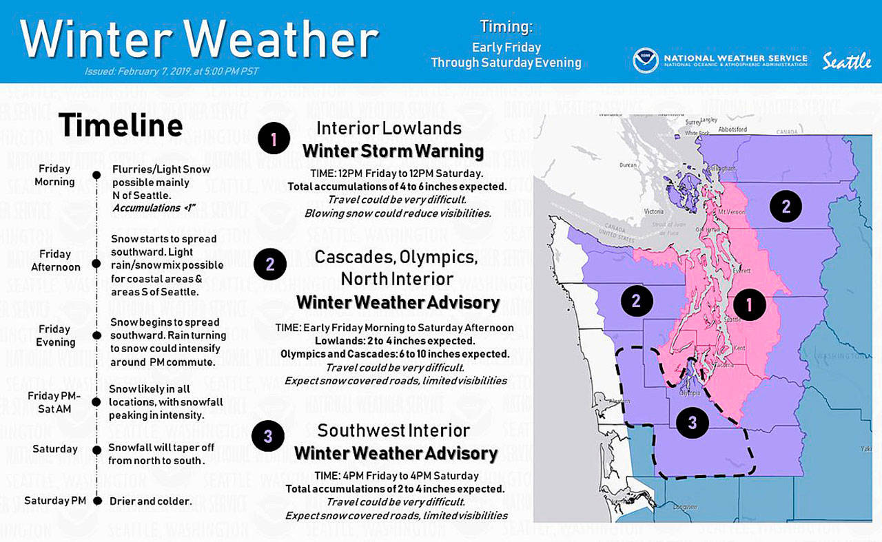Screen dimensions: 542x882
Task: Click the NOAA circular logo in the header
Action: pos(646,60)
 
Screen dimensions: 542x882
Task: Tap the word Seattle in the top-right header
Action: pos(847,61)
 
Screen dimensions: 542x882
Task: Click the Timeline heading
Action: pos(121,126)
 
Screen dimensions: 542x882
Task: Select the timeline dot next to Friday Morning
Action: pos(97,176)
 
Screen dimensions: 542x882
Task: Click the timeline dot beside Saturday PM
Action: pos(97,501)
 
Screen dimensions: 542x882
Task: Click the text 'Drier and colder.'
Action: pos(150,501)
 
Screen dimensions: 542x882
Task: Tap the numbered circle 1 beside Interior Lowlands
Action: pos(274,140)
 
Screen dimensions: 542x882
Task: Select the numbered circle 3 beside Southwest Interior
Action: pos(268,436)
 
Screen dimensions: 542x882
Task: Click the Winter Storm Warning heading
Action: pos(393,151)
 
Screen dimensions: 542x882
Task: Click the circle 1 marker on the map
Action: pos(749,304)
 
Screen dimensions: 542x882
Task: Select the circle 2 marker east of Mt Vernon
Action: pos(786,205)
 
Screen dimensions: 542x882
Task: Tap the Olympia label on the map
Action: pos(690,394)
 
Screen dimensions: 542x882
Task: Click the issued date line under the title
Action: pos(172,72)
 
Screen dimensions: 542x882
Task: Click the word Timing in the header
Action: pos(506,27)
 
